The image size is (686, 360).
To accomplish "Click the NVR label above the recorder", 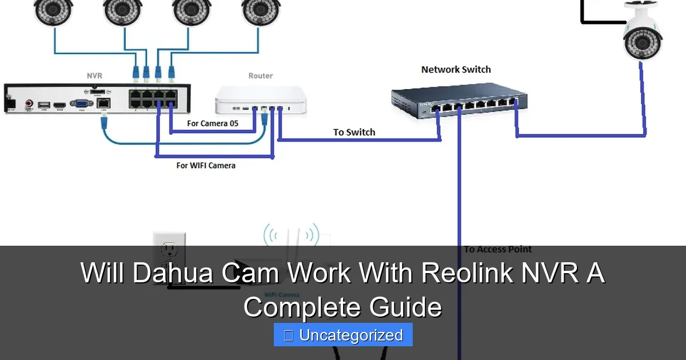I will [x=94, y=75].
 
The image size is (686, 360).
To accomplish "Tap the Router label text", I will [x=260, y=75].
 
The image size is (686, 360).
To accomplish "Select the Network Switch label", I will [x=456, y=70].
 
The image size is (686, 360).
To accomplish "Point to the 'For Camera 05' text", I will [x=213, y=123].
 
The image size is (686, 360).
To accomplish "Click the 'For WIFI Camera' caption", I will [x=206, y=166].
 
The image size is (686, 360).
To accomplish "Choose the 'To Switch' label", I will [x=354, y=132].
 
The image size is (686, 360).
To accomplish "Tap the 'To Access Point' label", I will [x=497, y=249].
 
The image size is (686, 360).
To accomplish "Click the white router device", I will [x=260, y=101].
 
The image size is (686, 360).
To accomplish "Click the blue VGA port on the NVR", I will [x=81, y=104].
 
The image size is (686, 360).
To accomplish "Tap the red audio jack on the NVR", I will [x=29, y=105].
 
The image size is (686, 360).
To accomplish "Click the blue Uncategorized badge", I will [x=343, y=335].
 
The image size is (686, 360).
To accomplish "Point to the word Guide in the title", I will [x=405, y=307].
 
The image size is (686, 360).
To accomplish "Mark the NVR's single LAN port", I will [x=104, y=103].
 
